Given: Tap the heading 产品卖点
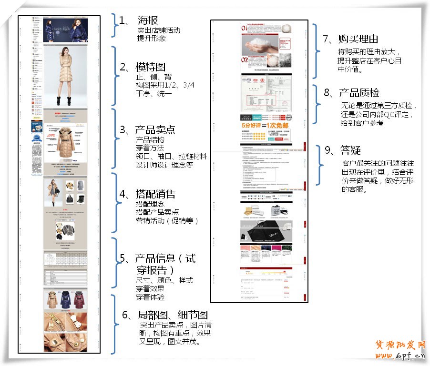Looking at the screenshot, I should tap(154, 129).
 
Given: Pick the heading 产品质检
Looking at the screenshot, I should tap(358, 93).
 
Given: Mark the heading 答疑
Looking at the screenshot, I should tap(350, 150).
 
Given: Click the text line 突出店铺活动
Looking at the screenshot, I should tap(158, 30).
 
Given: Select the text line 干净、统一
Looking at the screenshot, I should tap(154, 94).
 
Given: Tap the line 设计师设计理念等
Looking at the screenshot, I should tap(164, 165).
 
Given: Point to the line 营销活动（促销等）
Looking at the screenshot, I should tap(167, 221).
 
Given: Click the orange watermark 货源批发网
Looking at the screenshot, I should tap(400, 345).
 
